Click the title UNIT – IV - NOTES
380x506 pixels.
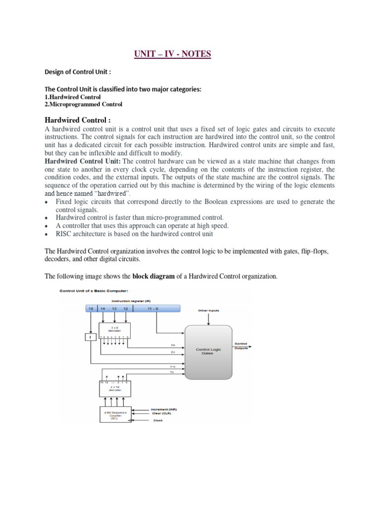coord(172,53)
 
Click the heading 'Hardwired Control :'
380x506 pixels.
coord(77,120)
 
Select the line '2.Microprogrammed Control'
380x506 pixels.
coord(83,104)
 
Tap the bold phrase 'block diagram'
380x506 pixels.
coord(153,276)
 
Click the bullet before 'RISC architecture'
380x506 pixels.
coord(47,234)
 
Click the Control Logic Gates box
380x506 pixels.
coord(208,351)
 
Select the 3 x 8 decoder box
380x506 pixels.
coord(114,330)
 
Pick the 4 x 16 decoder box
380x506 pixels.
coord(114,388)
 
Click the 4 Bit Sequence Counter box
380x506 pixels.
coord(114,415)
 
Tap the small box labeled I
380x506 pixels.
coord(90,337)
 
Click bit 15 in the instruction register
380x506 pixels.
coord(91,308)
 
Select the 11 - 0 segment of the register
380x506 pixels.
coord(156,308)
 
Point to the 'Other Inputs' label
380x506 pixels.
coord(209,310)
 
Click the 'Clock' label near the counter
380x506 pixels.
coord(157,421)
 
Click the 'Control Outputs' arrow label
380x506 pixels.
coord(240,345)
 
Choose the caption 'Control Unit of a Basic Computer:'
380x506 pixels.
coord(87,291)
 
